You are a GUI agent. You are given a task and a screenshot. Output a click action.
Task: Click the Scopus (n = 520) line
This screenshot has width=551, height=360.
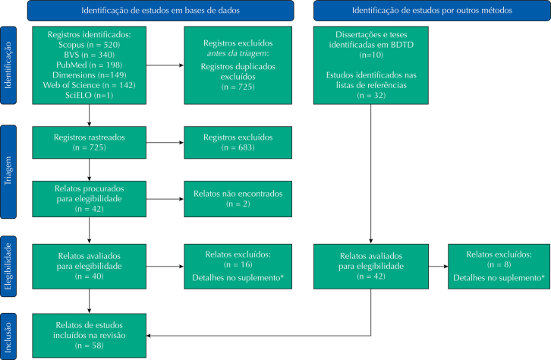pyautogui.click(x=90, y=45)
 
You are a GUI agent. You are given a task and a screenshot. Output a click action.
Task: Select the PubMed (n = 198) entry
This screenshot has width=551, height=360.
pyautogui.click(x=90, y=65)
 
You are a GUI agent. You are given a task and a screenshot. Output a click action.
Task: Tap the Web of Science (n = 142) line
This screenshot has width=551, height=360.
pyautogui.click(x=90, y=85)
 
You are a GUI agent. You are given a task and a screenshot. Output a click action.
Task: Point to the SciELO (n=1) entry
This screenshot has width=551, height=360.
pyautogui.click(x=90, y=95)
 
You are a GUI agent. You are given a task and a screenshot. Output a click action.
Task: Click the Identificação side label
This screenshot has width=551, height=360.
pyautogui.click(x=8, y=65)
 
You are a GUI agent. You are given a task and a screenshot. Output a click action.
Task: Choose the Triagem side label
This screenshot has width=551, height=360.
pyautogui.click(x=8, y=171)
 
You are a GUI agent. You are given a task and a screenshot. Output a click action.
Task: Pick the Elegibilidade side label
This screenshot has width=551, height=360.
pyautogui.click(x=8, y=267)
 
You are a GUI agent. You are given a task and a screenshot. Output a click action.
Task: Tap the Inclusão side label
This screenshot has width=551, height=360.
pyautogui.click(x=8, y=337)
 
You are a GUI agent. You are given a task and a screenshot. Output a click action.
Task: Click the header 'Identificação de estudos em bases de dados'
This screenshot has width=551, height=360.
pyautogui.click(x=161, y=11)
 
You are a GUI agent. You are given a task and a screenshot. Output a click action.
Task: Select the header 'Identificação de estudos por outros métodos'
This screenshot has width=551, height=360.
pyautogui.click(x=432, y=11)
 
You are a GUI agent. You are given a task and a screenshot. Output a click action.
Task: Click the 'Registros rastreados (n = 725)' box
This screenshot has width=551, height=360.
pyautogui.click(x=90, y=142)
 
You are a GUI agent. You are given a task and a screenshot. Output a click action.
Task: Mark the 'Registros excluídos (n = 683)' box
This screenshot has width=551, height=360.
pyautogui.click(x=238, y=142)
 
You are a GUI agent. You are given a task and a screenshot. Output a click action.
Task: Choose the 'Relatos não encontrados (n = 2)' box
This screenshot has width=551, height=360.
pyautogui.click(x=238, y=199)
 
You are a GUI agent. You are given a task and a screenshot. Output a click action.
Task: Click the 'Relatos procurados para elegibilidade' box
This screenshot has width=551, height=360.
pyautogui.click(x=90, y=199)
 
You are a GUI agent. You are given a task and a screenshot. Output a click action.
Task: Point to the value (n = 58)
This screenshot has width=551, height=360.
pyautogui.click(x=90, y=346)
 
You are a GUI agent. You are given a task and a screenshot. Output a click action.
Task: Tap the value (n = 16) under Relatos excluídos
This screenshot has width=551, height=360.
pyautogui.click(x=238, y=264)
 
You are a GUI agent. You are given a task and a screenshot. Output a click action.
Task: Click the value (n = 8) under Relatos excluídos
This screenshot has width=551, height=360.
pyautogui.click(x=499, y=264)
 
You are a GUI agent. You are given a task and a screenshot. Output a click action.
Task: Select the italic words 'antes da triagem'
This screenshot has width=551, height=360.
pyautogui.click(x=238, y=53)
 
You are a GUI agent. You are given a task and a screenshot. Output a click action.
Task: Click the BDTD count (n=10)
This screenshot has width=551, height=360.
pyautogui.click(x=371, y=55)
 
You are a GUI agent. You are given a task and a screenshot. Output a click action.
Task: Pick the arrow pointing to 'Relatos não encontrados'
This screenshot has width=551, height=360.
pyautogui.click(x=165, y=199)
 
